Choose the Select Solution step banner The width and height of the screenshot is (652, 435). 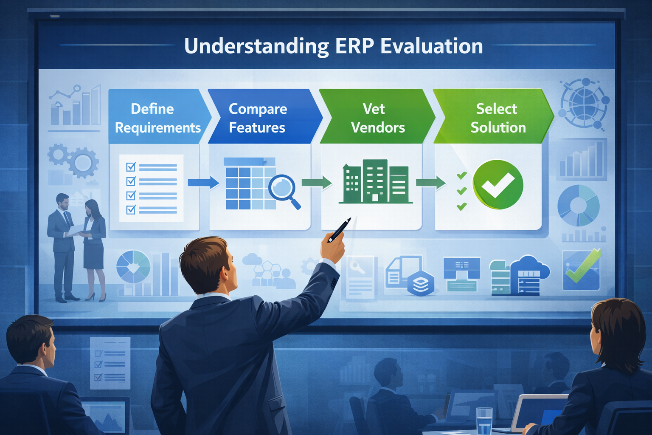pyautogui.click(x=495, y=117)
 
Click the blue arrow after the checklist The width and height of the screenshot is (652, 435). pyautogui.click(x=203, y=183)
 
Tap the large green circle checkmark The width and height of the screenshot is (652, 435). pyautogui.click(x=498, y=184)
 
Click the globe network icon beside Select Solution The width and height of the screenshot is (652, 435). pyautogui.click(x=584, y=103)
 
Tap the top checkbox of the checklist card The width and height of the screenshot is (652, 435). pyautogui.click(x=131, y=167)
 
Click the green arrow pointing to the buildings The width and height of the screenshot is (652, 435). pyautogui.click(x=317, y=183)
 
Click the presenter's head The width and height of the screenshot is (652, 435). pyautogui.click(x=208, y=266)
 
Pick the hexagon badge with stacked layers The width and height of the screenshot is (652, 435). pyautogui.click(x=421, y=284)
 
